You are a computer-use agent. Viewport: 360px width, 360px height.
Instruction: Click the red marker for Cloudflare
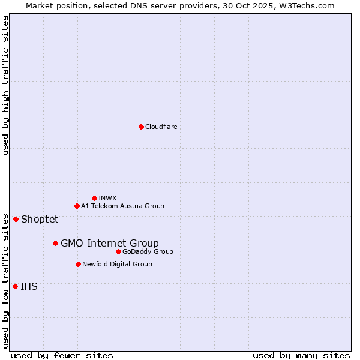[141, 127]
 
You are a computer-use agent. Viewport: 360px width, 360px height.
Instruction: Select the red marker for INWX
[94, 198]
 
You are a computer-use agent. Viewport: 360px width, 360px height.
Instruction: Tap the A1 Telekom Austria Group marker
[77, 206]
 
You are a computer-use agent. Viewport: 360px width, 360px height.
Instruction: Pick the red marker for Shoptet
[16, 219]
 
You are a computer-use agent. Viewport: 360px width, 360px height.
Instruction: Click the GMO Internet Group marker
[55, 243]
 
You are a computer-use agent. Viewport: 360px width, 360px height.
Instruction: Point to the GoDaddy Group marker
[118, 251]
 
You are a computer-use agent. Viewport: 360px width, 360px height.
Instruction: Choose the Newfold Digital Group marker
[78, 264]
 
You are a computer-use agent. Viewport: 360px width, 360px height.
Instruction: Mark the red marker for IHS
[15, 286]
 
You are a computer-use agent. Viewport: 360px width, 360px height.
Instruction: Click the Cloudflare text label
[161, 127]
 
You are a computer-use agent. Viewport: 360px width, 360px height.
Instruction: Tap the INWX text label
[107, 198]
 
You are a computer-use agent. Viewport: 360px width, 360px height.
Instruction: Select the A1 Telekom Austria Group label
[122, 206]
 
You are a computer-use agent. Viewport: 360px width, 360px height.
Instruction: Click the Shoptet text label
[40, 219]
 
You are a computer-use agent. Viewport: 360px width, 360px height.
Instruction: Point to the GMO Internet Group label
[110, 243]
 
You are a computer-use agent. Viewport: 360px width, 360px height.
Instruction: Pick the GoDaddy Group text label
[148, 251]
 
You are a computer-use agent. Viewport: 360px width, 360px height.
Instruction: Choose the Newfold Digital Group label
[117, 264]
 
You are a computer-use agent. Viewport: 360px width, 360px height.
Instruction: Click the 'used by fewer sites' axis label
[62, 355]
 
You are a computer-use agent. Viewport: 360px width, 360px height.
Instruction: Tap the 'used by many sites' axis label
[301, 355]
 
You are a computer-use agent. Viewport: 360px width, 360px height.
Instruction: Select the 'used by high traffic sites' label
[5, 85]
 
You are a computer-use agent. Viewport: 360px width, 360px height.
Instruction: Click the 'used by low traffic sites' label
[5, 281]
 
